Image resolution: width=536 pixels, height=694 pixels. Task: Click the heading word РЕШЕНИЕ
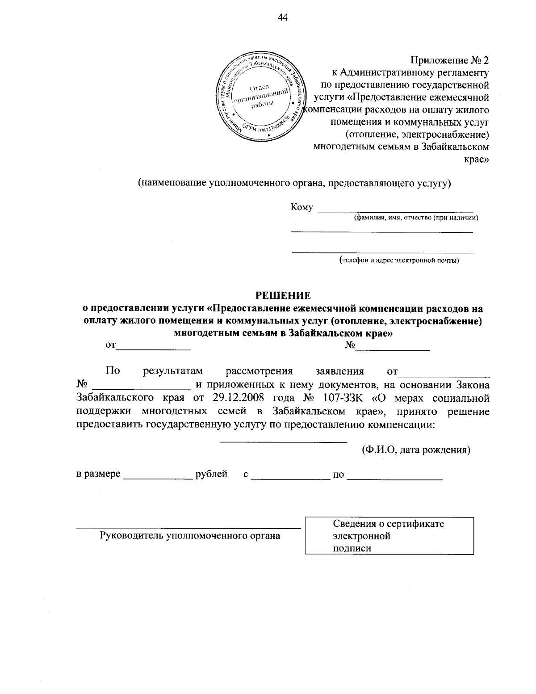[283, 295]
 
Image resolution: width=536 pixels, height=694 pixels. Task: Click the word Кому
[301, 207]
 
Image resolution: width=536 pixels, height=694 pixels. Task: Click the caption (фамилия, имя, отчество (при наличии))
[416, 218]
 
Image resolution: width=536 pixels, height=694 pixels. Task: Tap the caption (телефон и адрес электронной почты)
[399, 260]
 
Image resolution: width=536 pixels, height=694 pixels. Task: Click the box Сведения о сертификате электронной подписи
[389, 536]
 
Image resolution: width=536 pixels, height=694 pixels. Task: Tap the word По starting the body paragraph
[112, 371]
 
